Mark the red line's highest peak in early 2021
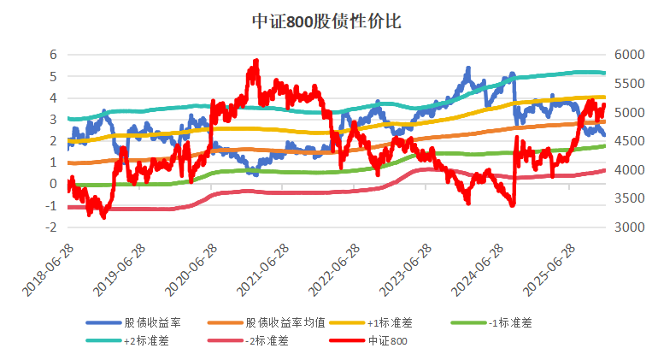[256, 62]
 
